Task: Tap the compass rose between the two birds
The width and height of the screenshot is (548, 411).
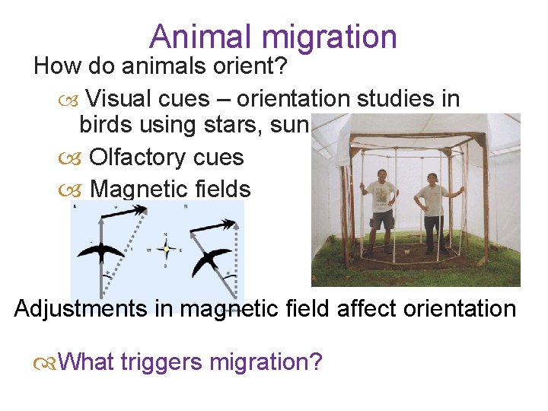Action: pyautogui.click(x=166, y=248)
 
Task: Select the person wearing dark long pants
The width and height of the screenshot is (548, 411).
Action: pyautogui.click(x=434, y=213)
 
